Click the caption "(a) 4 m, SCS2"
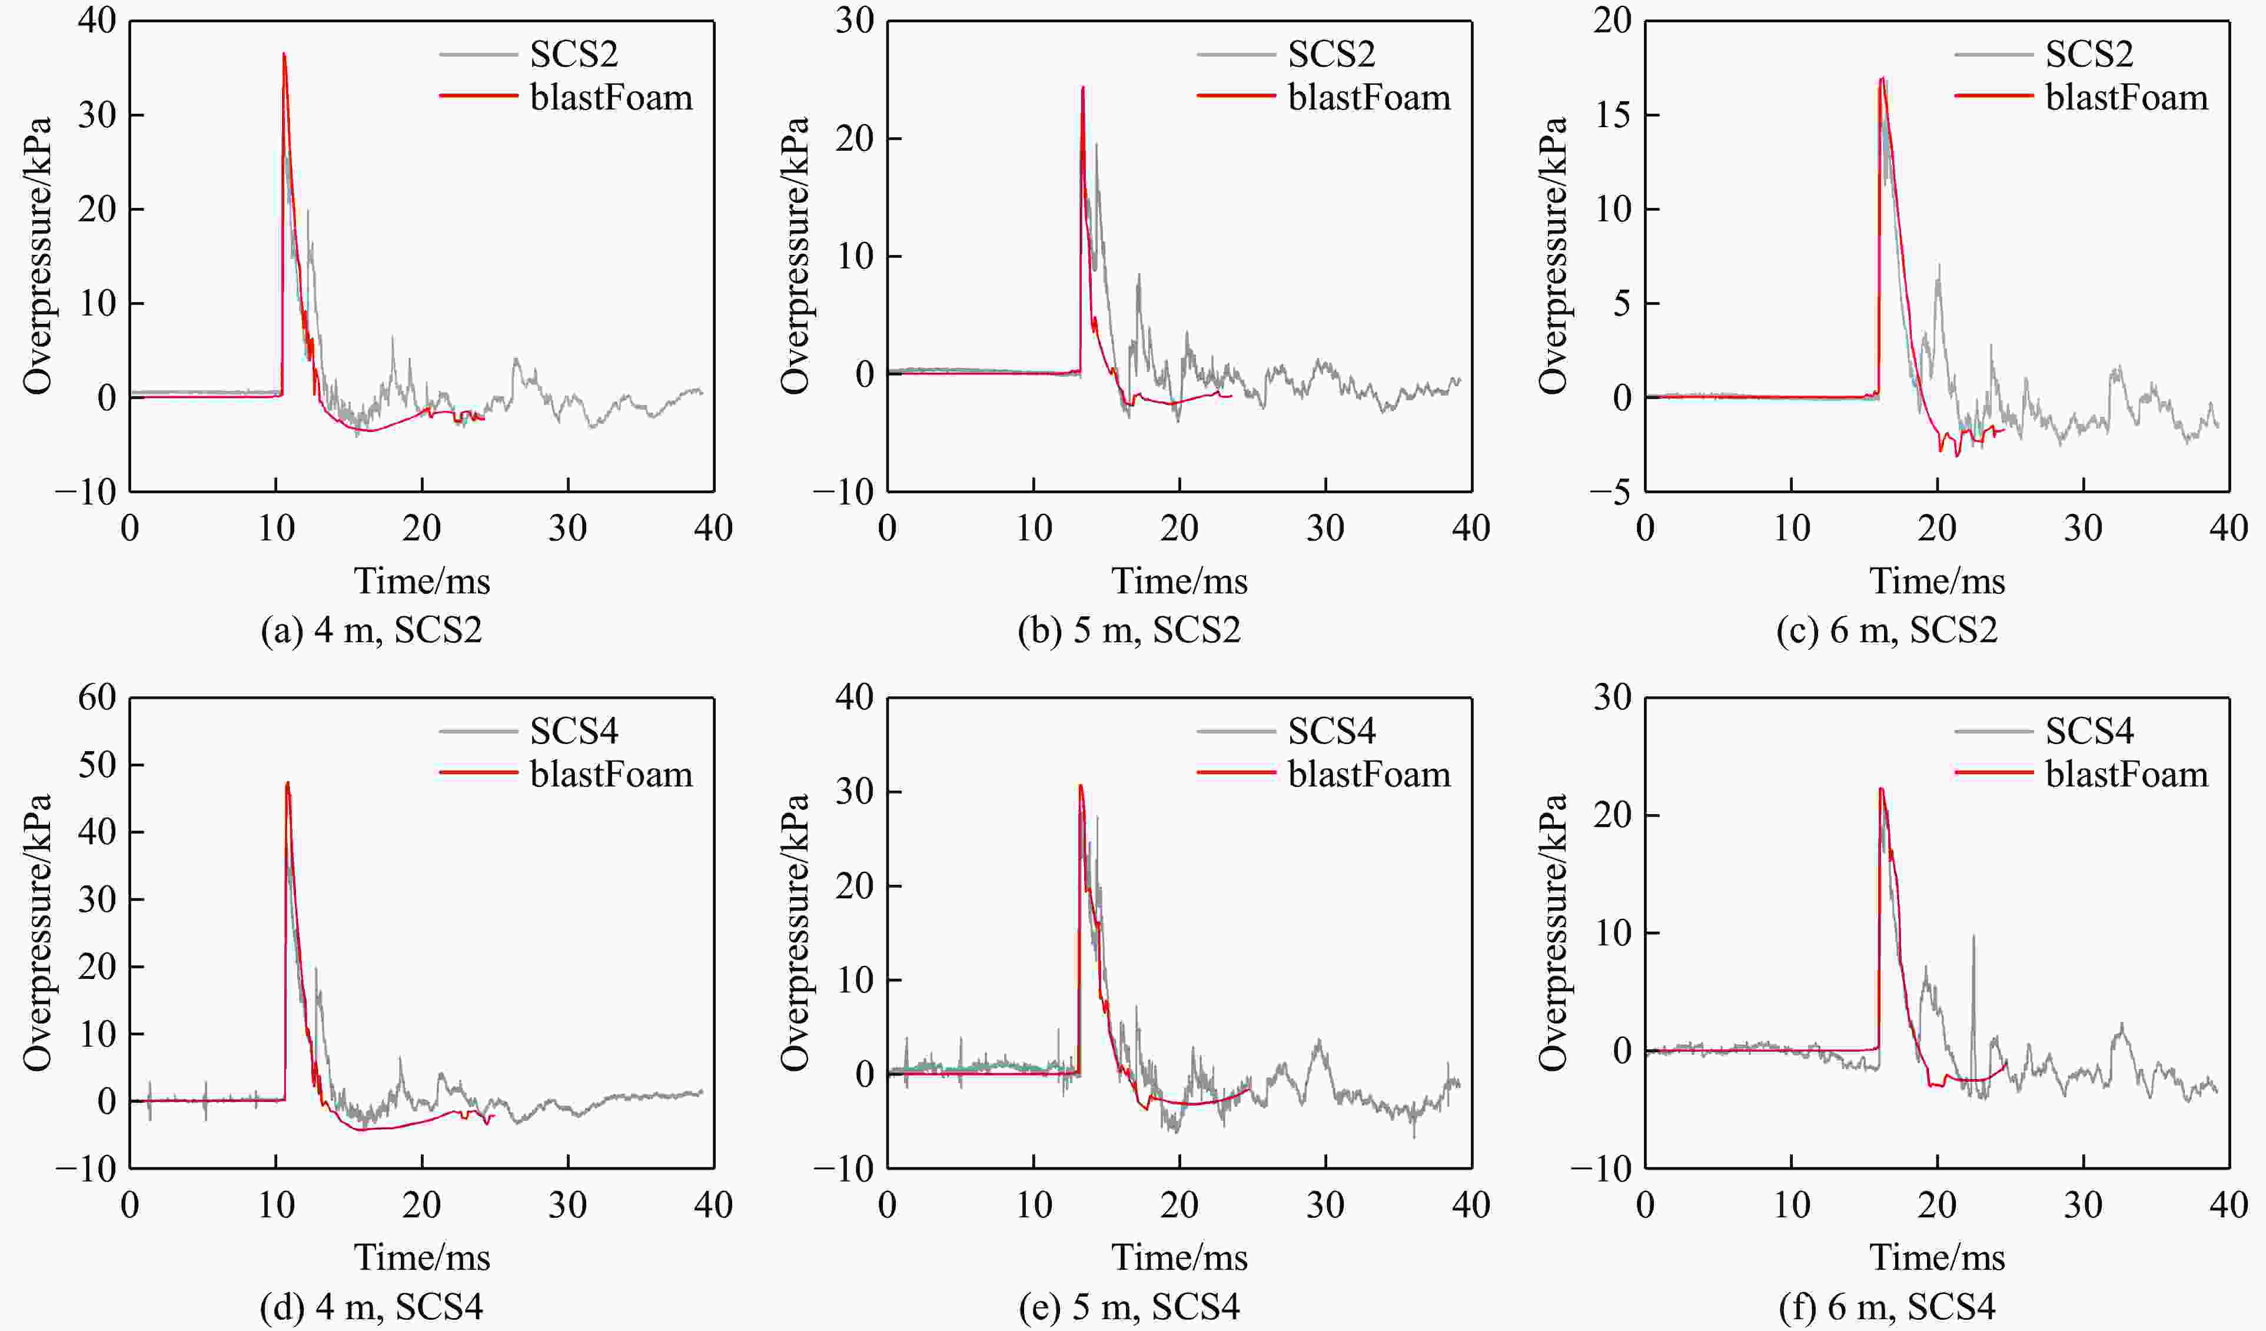(371, 629)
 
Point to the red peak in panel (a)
(284, 54)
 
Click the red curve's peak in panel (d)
(288, 782)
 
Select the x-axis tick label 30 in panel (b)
(1325, 528)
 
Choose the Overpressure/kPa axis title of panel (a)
(38, 255)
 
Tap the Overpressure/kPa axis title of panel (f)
(1553, 932)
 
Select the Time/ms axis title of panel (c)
(1938, 581)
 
